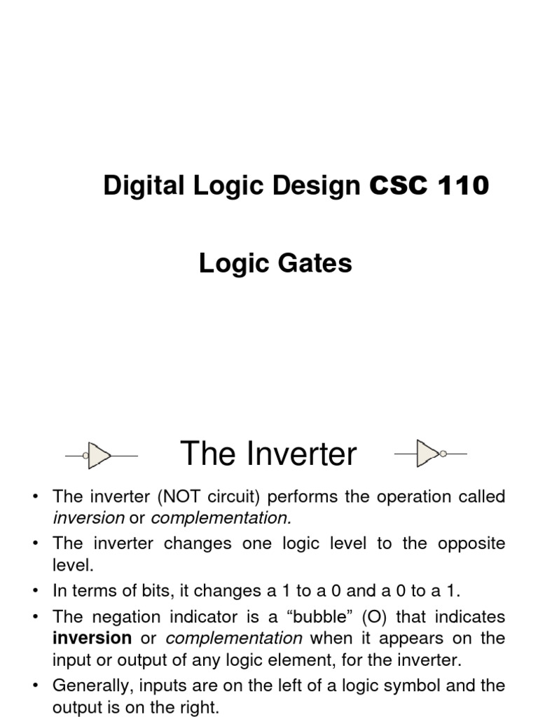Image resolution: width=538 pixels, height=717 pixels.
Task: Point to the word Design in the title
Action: pos(319,186)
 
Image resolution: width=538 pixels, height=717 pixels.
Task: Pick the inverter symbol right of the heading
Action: pos(428,454)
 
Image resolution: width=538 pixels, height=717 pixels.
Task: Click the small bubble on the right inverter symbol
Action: pos(442,454)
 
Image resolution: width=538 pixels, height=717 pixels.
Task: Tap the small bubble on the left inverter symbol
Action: pos(85,456)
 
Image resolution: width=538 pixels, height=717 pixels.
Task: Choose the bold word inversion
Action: pos(92,638)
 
